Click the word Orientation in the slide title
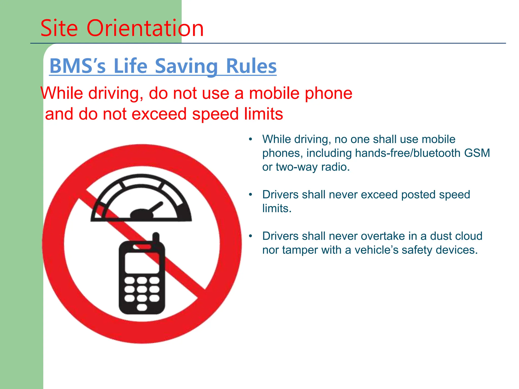(145, 28)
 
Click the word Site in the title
(59, 28)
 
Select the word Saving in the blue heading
(186, 66)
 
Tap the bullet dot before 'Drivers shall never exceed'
(251, 194)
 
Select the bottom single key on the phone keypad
(142, 307)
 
